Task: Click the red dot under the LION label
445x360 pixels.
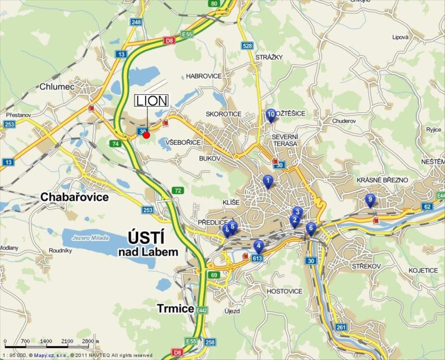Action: click(146, 135)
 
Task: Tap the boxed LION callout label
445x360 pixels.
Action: click(152, 101)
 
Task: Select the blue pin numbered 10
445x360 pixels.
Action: click(271, 114)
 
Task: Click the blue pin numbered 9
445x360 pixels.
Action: click(370, 199)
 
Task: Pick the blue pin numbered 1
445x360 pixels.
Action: click(268, 181)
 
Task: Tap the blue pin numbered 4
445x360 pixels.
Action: click(258, 246)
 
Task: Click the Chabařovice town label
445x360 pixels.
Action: click(74, 197)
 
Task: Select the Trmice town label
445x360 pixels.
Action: click(175, 308)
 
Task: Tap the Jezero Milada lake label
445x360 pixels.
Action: click(91, 238)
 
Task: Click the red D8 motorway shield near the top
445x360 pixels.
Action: click(169, 40)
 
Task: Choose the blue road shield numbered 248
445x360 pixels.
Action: click(136, 22)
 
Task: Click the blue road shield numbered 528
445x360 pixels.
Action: click(247, 46)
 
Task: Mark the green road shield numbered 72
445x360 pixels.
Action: click(178, 191)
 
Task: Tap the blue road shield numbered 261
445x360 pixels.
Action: click(341, 327)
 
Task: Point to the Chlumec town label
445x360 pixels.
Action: click(57, 87)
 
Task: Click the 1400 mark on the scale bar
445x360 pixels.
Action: click(46, 341)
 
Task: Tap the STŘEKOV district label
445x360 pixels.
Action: click(366, 266)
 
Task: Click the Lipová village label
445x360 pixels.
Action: click(400, 37)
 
